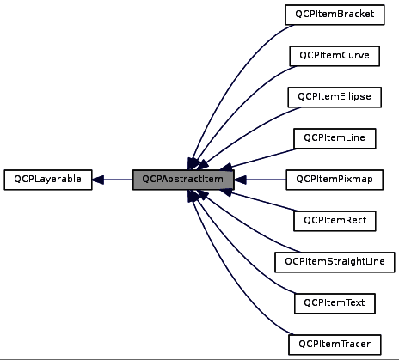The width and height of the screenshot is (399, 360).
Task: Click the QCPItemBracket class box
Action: [335, 14]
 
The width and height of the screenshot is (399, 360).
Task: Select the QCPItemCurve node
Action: [335, 55]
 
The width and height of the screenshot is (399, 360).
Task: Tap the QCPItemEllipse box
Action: [335, 96]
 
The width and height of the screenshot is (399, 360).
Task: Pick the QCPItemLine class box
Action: [335, 137]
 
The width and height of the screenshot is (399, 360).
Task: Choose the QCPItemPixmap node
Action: [335, 180]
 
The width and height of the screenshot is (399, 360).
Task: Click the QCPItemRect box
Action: [335, 221]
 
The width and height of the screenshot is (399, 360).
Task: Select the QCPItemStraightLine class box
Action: [335, 262]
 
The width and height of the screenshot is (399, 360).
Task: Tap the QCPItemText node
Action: [335, 303]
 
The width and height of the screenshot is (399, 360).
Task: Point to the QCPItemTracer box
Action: [335, 345]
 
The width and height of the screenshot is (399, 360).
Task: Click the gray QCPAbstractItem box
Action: [183, 180]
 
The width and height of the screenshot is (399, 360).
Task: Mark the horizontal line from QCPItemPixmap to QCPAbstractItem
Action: [262, 180]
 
